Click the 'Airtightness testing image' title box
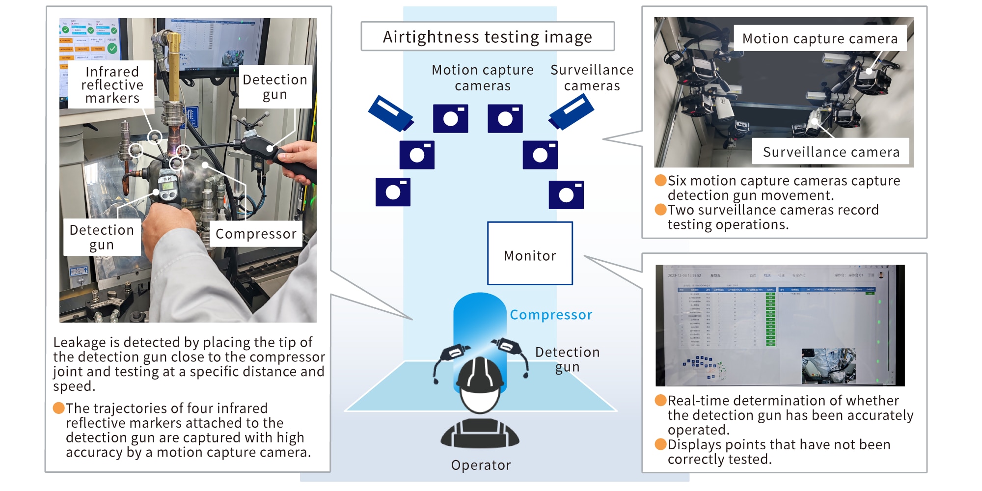[487, 36]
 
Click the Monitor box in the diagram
[530, 253]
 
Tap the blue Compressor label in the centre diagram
[550, 315]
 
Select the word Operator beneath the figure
[481, 465]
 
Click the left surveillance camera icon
[391, 113]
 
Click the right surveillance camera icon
[572, 112]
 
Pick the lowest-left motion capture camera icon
[393, 192]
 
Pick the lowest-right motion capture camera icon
[566, 195]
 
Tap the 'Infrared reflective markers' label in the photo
[112, 85]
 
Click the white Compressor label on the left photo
[256, 234]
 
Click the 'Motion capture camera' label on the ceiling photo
[819, 39]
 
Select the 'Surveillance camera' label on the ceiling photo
[831, 152]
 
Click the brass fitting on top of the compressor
[173, 64]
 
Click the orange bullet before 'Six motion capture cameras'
[660, 180]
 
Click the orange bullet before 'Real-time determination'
[660, 400]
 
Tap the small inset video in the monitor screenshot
[828, 366]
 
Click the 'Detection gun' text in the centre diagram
[567, 359]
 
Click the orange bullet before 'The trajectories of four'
[59, 408]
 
